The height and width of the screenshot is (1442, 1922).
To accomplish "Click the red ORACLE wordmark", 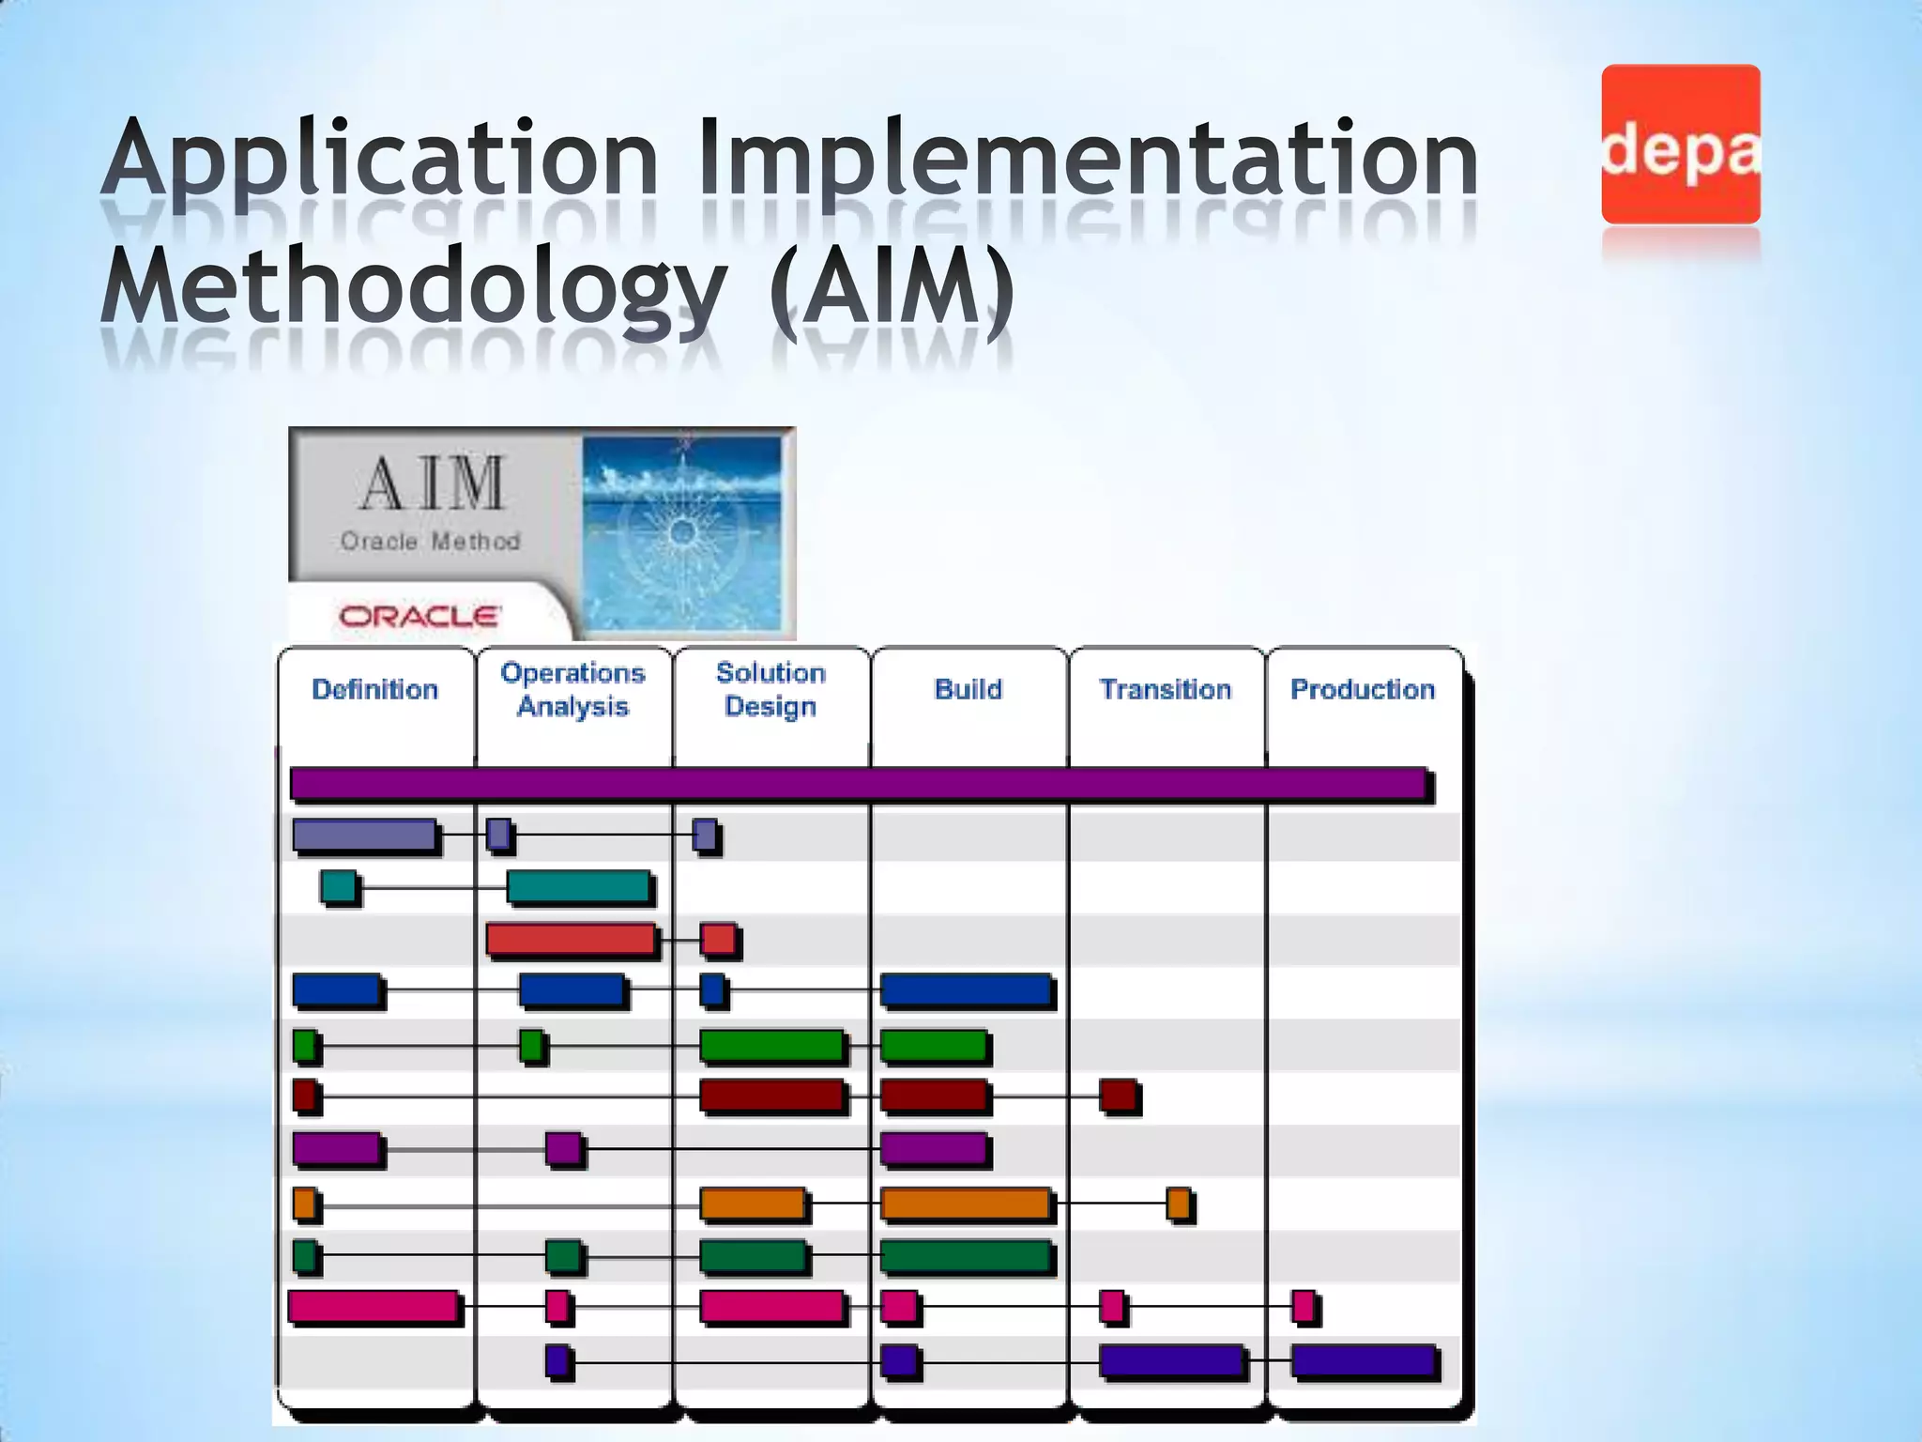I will [x=419, y=617].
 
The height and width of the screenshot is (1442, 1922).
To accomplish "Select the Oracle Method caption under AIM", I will [x=430, y=542].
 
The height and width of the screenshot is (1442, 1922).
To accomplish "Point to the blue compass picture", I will [x=682, y=532].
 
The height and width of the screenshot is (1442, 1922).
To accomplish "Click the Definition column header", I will [x=374, y=690].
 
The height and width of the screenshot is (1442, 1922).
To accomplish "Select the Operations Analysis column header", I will [x=572, y=690].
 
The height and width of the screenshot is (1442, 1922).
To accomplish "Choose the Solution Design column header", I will [x=770, y=690].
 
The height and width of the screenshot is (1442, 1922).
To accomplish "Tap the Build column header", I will [x=968, y=690].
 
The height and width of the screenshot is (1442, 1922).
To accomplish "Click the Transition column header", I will [x=1165, y=690].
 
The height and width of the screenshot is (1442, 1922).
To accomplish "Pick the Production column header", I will [x=1362, y=690].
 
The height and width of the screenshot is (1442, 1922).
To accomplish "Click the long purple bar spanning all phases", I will [x=858, y=784].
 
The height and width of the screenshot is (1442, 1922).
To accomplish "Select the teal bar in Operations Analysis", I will [x=579, y=886].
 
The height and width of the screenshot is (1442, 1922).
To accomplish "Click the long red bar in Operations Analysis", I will [x=571, y=939].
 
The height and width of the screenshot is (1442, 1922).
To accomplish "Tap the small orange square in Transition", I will [x=1179, y=1203].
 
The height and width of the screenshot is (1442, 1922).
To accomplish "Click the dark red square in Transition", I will [x=1118, y=1095].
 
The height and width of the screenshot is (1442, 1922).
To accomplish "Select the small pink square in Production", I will [x=1303, y=1306].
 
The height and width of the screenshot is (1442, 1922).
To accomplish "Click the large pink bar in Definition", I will [x=374, y=1306].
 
